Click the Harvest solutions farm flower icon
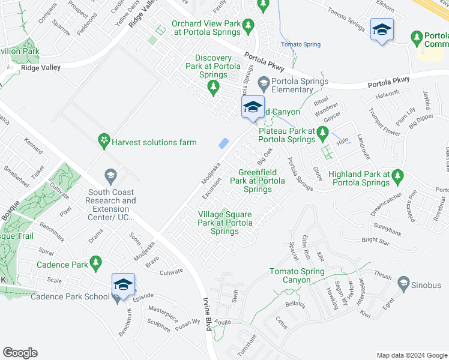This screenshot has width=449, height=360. pos(105,142)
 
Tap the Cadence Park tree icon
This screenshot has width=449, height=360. pos(95,263)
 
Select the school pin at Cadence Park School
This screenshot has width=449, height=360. pos(123,285)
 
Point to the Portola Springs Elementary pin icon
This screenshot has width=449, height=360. pos(263,82)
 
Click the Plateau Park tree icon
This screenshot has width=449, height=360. pos(323,132)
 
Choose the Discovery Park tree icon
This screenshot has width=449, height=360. pos(212,88)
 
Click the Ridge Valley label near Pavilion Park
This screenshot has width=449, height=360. pos(41,68)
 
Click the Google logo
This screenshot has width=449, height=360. pos(20,353)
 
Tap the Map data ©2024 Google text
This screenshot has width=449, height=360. pos(411,355)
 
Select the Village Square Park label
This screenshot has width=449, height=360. pos(224,223)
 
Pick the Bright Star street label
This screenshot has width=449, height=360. pos(376,241)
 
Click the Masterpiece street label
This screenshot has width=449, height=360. pos(163,311)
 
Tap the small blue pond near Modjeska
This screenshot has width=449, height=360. pos(224,143)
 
